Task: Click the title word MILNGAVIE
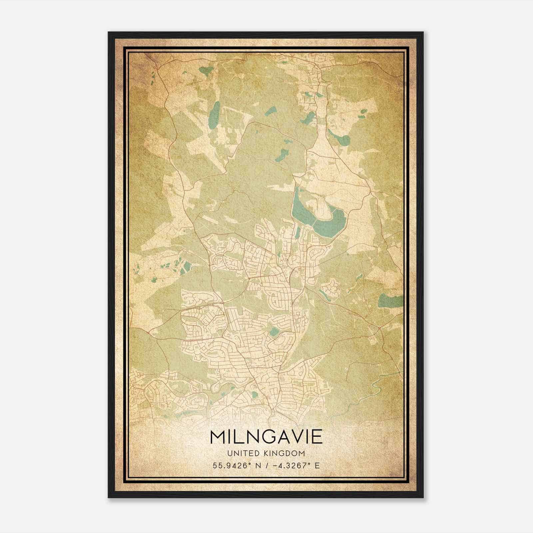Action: click(266, 437)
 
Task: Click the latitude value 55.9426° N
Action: click(237, 466)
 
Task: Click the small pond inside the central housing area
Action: click(274, 331)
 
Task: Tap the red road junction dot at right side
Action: click(379, 328)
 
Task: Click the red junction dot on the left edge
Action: click(148, 332)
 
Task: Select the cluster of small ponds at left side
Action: click(177, 266)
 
